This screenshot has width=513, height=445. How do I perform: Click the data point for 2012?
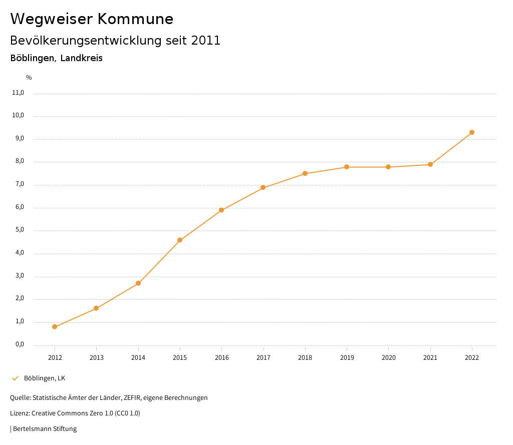tap(55, 327)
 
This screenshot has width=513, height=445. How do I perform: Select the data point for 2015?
tap(180, 240)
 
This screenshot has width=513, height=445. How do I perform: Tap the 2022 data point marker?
tap(472, 132)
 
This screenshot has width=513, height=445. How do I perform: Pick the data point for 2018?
tap(305, 173)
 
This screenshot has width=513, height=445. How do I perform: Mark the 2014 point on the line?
tap(138, 283)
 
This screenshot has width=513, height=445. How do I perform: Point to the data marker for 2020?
tap(388, 167)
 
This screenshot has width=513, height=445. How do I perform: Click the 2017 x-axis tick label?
tap(263, 357)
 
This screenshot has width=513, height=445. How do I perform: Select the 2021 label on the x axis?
tap(430, 357)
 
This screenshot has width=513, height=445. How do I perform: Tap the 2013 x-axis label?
tap(96, 357)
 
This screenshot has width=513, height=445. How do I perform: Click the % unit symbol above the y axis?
tap(29, 78)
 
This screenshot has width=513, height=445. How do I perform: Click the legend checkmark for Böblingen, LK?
tap(15, 378)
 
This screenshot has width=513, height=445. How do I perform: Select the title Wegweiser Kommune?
tap(92, 19)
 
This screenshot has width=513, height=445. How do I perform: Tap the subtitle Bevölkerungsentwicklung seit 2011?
tap(115, 41)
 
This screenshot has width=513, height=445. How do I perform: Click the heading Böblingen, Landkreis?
tap(56, 58)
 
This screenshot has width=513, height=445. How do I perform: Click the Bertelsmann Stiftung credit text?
tap(45, 429)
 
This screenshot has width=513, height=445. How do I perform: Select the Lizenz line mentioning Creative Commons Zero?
tap(75, 413)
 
